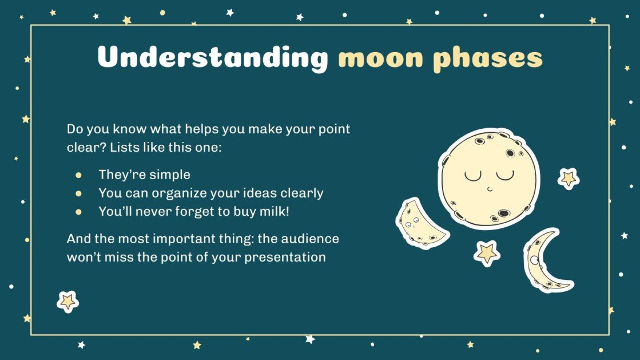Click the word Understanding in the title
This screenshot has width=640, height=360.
[212, 58]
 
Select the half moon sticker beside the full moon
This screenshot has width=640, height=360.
[422, 223]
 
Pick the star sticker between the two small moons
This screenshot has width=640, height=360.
[487, 252]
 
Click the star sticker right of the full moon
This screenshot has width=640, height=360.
[569, 179]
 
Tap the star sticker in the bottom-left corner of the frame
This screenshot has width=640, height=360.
[67, 301]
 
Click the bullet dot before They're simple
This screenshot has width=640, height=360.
[79, 175]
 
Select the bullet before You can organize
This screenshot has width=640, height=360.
[79, 193]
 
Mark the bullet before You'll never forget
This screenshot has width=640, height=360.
[79, 212]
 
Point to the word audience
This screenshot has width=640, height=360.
[309, 238]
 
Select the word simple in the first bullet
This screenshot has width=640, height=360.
[171, 175]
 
